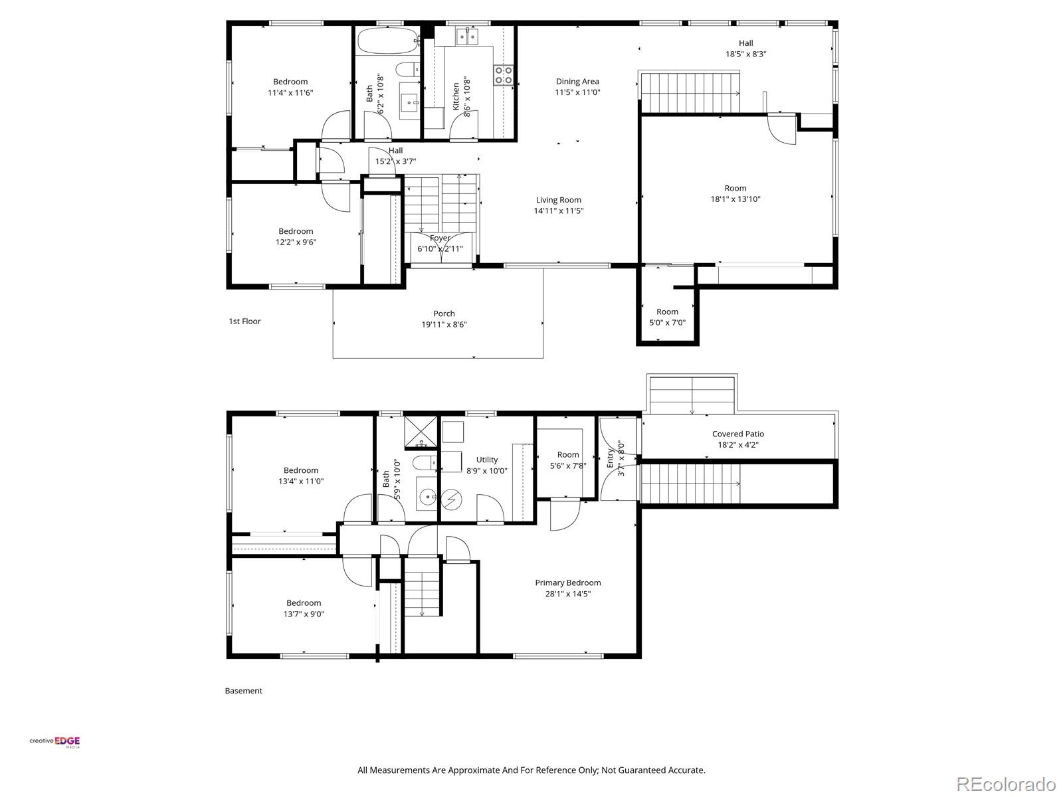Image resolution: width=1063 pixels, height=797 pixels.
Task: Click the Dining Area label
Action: [x=577, y=81]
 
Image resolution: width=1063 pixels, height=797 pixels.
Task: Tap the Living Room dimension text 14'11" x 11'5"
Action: [x=558, y=211]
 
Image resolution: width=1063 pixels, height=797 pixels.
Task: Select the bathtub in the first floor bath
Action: [x=388, y=41]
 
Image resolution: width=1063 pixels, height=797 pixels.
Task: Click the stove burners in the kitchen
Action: [x=503, y=75]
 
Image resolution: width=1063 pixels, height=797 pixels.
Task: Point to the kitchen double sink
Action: [x=467, y=37]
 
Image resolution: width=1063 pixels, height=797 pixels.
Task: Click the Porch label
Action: [x=444, y=313]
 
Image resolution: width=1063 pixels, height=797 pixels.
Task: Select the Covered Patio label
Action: [x=738, y=434]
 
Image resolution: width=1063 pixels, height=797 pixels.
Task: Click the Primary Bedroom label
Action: [x=567, y=582]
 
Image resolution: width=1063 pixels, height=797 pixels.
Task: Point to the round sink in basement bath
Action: [x=427, y=496]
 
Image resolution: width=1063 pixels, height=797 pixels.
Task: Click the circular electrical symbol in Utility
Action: [x=451, y=500]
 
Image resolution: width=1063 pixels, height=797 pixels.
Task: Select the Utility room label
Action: [x=487, y=460]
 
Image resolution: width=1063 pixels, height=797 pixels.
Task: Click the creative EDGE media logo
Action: [x=54, y=742]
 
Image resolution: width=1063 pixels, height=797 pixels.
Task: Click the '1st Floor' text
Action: [x=244, y=321]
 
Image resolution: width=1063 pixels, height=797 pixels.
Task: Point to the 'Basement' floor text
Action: [x=243, y=691]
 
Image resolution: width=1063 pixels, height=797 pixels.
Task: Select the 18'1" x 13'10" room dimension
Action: [x=735, y=199]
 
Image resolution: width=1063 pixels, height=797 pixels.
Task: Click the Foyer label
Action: [x=440, y=238]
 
